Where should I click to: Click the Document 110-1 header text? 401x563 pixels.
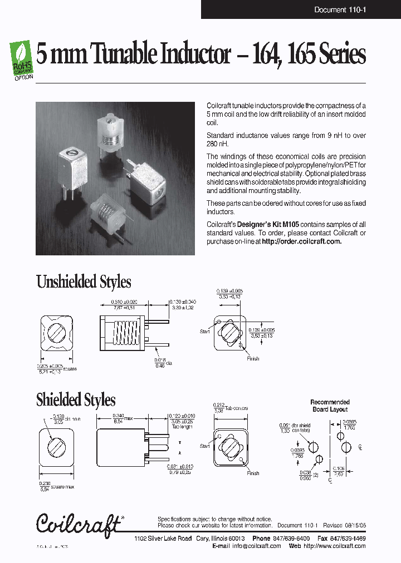coord(339,9)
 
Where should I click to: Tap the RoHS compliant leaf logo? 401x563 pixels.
coord(22,58)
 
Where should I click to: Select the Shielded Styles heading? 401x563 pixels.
coord(76,399)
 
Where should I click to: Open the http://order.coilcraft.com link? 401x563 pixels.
coord(301,241)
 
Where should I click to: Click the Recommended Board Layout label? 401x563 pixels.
coord(330,406)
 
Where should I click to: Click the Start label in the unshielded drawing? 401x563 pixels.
coord(204,332)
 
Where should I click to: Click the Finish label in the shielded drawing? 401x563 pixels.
coord(253,473)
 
